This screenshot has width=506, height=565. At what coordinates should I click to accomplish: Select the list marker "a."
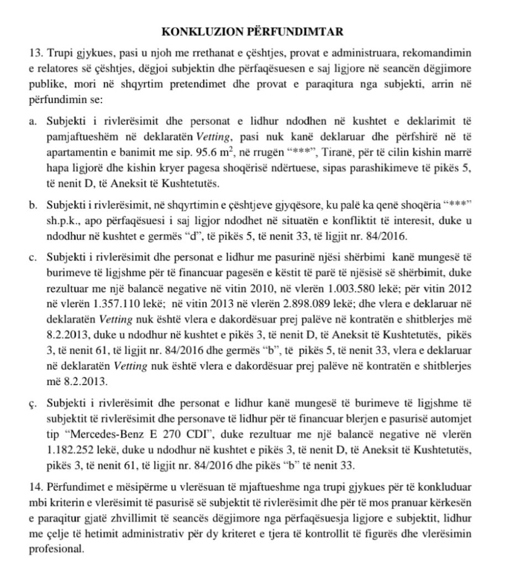(32, 121)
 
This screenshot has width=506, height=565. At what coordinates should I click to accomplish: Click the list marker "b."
(32, 206)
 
